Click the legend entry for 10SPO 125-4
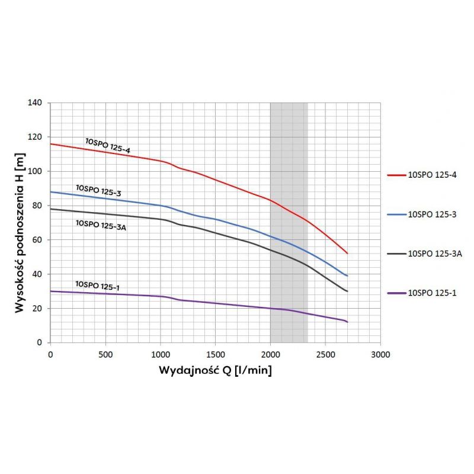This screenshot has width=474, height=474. [422, 175]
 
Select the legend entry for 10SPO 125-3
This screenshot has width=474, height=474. [422, 214]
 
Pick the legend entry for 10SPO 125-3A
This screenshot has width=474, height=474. [425, 254]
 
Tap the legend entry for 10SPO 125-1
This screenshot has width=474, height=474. [422, 293]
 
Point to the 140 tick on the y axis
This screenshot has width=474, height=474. [35, 103]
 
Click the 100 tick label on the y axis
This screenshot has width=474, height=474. [35, 171]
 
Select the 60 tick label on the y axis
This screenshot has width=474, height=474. [37, 240]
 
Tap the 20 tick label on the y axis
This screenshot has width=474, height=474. [37, 308]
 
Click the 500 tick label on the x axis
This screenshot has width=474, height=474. [105, 354]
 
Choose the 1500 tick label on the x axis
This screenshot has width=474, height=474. [216, 354]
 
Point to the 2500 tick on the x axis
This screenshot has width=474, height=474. [325, 354]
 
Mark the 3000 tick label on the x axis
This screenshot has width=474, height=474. [380, 354]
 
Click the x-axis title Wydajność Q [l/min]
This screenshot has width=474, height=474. [215, 370]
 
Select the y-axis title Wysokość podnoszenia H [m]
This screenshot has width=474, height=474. [20, 233]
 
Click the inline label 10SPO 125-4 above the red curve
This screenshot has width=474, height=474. [108, 146]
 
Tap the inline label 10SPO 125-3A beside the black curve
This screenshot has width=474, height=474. [101, 225]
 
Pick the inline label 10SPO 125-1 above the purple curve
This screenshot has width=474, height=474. [97, 286]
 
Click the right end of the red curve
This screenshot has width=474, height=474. [347, 254]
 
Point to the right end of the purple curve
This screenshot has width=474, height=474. [347, 322]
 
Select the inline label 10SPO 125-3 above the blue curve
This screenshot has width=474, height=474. [98, 190]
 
